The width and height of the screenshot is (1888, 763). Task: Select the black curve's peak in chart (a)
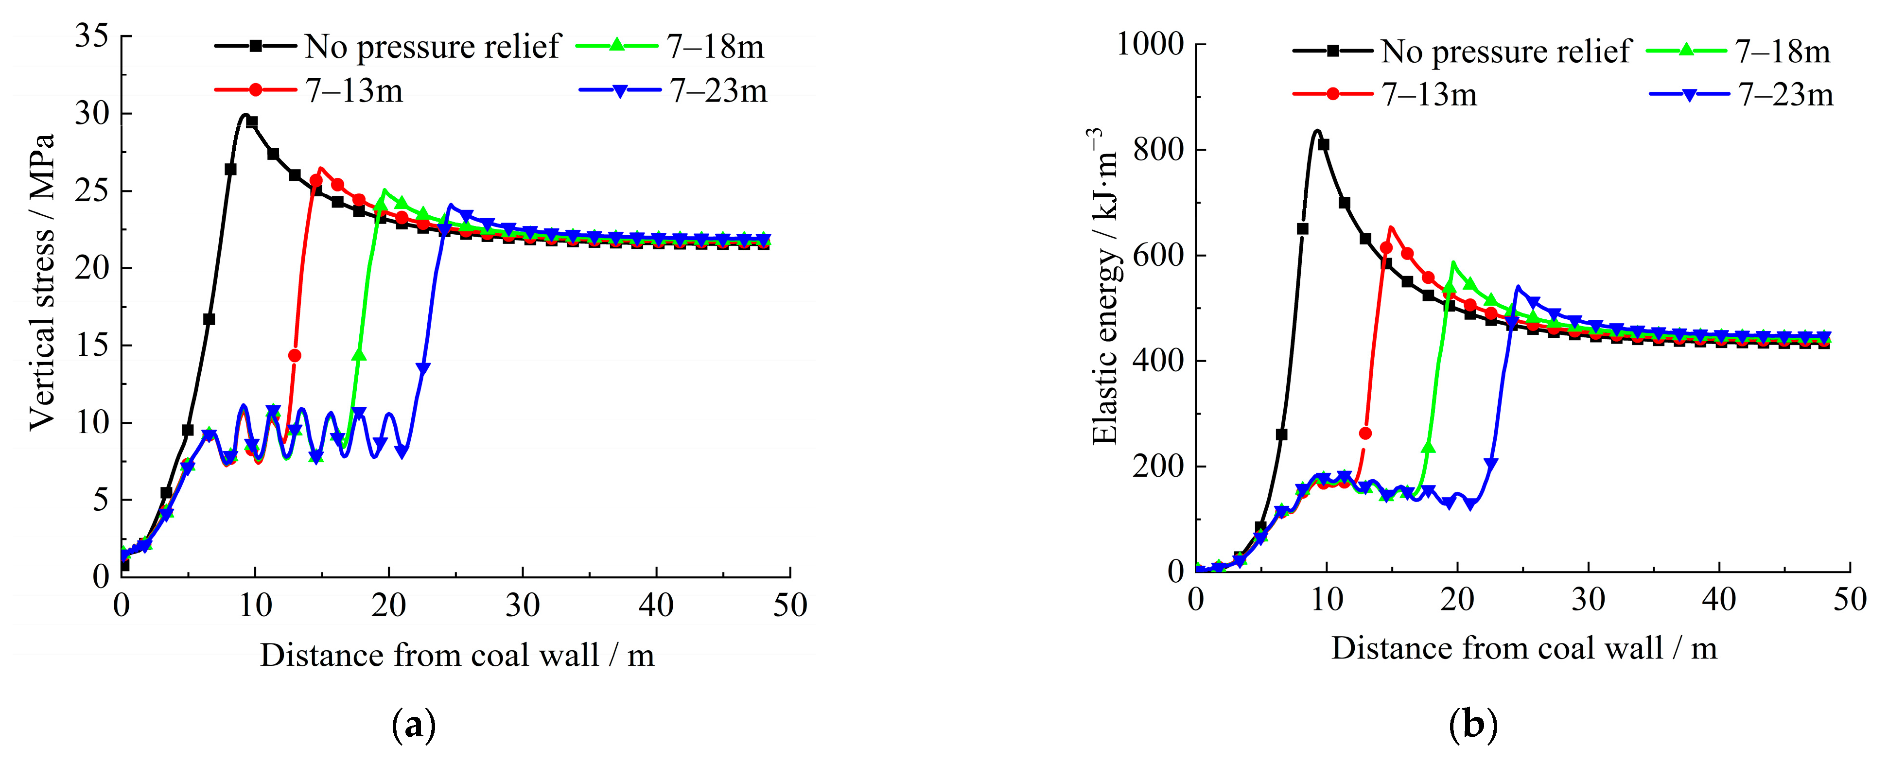245,115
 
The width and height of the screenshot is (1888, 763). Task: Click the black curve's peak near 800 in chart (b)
1317,131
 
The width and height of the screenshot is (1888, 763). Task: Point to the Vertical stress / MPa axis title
42,282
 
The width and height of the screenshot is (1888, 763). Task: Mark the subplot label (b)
1473,724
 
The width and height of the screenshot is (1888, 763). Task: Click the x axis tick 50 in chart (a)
789,606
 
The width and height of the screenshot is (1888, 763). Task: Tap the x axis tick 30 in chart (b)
1588,600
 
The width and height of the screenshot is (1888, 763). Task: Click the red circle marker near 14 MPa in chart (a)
295,355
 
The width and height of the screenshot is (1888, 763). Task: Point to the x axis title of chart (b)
1524,649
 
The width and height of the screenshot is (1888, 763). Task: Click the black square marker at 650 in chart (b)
1302,229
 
